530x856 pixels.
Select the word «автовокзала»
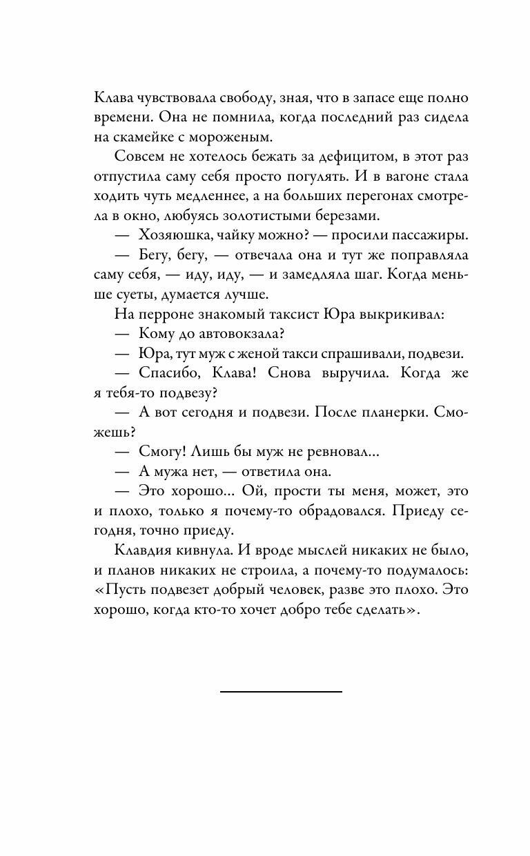coord(230,335)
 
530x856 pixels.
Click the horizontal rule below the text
coord(281,690)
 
